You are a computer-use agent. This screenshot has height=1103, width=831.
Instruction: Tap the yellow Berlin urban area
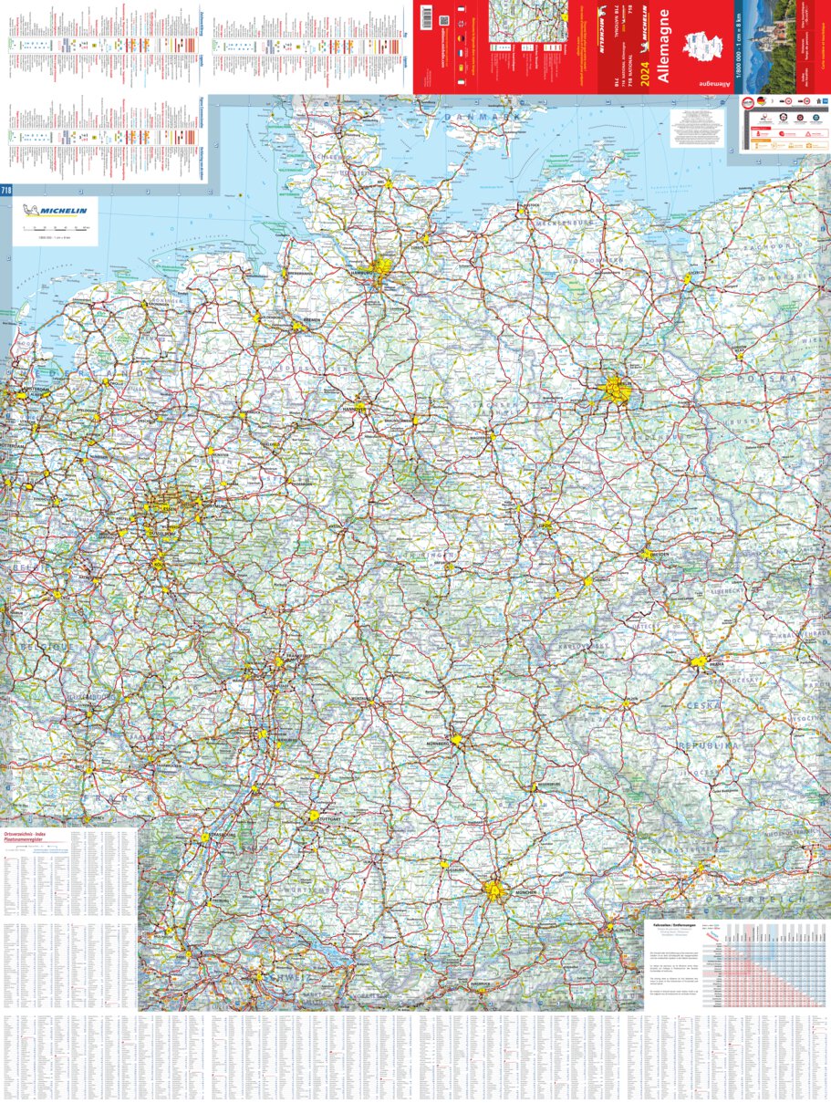click(617, 391)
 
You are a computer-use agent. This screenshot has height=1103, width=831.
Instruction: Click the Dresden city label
click(660, 557)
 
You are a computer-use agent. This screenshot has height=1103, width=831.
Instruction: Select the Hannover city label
click(354, 410)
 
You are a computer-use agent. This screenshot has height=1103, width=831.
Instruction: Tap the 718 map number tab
click(6, 190)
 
